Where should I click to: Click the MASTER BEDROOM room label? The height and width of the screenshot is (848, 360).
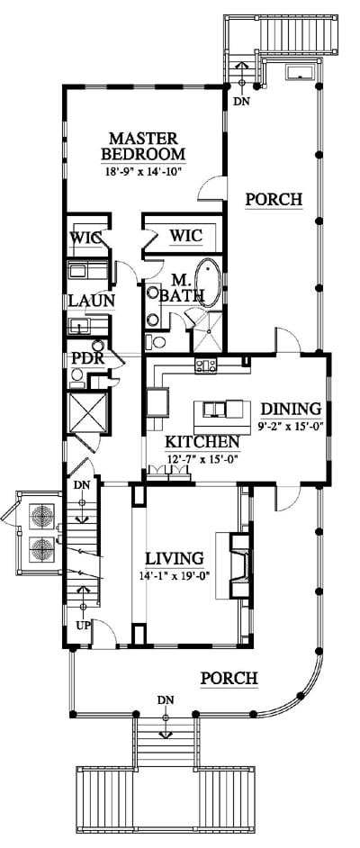coord(143,146)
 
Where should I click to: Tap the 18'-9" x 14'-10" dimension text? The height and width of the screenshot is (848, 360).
coord(143,172)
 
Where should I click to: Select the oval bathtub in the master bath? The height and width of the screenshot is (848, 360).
coord(208,284)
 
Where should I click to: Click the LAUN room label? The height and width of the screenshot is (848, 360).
coord(91,302)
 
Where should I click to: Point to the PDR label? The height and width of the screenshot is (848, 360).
coord(89,359)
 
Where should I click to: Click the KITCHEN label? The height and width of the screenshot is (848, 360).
coord(202,442)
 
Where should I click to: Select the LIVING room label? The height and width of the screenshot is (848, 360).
coord(175,558)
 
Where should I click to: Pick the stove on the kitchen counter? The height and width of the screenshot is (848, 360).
coord(206,365)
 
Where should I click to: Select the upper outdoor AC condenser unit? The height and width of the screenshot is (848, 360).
coord(42,516)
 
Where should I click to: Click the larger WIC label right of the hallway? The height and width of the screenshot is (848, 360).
coord(185,236)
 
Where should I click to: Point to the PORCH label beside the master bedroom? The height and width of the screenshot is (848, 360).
coord(274,199)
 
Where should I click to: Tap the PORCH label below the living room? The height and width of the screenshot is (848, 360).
coord(229,678)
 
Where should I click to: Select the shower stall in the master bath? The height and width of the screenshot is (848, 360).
coord(208,331)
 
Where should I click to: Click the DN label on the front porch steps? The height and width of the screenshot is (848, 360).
coord(166,700)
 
